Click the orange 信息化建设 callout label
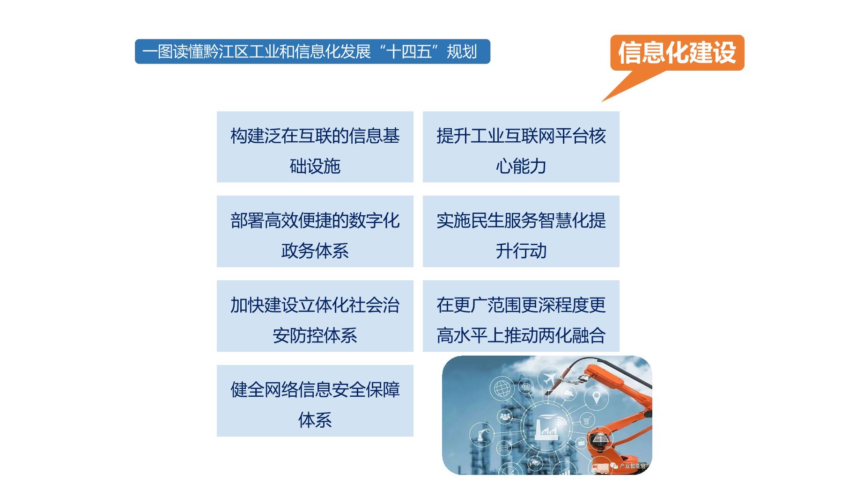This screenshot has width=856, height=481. click(x=677, y=52)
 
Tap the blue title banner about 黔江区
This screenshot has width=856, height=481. click(x=312, y=51)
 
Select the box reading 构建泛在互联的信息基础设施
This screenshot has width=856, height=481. click(x=315, y=147)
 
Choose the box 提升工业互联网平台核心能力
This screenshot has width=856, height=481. click(x=521, y=147)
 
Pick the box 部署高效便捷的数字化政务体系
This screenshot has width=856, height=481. click(x=315, y=232)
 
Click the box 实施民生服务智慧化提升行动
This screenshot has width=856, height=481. click(x=521, y=232)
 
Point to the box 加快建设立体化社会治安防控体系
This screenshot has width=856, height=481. click(x=315, y=316)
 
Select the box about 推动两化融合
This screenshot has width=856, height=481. click(x=521, y=316)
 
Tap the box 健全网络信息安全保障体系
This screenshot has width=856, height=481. click(x=315, y=401)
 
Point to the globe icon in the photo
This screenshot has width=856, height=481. click(x=502, y=389)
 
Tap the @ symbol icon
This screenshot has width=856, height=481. click(x=526, y=386)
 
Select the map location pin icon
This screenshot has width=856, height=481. click(x=596, y=398)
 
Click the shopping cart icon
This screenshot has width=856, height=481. click(x=587, y=420)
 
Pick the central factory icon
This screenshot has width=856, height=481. click(x=547, y=426)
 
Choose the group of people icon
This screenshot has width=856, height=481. click(x=505, y=416)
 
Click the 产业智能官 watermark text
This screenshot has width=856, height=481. click(x=633, y=466)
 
